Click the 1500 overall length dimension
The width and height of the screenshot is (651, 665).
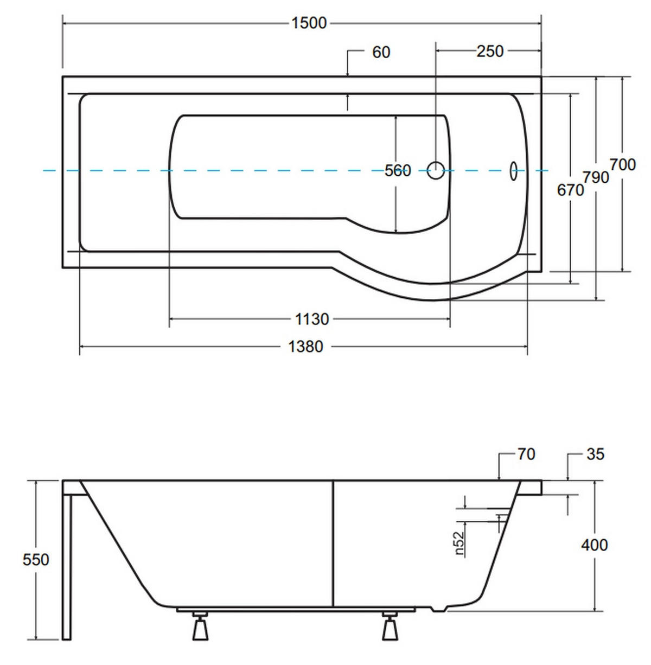click(x=309, y=23)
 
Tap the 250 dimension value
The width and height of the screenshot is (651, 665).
click(x=490, y=51)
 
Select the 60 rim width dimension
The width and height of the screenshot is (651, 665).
click(x=381, y=52)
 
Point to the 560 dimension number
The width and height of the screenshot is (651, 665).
click(x=398, y=170)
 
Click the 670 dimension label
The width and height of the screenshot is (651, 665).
click(x=570, y=190)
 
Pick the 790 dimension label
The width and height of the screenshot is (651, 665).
click(x=596, y=177)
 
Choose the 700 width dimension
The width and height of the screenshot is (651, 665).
click(x=622, y=164)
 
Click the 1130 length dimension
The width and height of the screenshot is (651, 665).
click(x=312, y=319)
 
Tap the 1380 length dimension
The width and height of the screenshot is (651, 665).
click(x=305, y=347)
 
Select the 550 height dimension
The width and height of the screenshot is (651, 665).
click(x=36, y=559)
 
